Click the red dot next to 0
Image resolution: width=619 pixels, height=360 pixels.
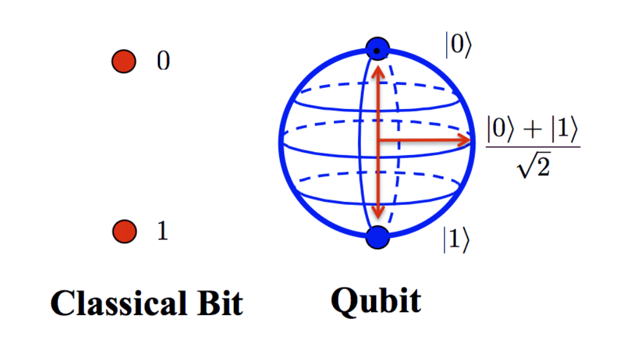click(124, 61)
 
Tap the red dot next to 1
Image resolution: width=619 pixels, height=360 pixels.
click(125, 231)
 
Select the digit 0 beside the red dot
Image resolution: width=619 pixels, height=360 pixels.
click(164, 61)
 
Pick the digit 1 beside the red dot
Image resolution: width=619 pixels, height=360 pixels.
click(163, 230)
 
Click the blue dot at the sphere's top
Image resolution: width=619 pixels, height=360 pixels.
click(378, 49)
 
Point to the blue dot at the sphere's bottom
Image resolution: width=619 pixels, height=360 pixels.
click(378, 237)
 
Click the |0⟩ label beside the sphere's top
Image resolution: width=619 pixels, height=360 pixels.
click(458, 45)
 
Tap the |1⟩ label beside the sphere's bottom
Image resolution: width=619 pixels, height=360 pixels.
click(456, 239)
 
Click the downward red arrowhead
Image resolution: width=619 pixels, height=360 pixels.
click(378, 211)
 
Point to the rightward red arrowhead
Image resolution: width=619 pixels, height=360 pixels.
click(463, 140)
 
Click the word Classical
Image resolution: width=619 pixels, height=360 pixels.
click(119, 303)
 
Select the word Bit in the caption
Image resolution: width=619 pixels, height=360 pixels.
click(220, 303)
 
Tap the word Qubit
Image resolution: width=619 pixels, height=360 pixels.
click(376, 301)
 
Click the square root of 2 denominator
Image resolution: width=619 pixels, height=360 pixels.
click(534, 165)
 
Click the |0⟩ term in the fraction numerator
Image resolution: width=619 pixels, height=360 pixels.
click(500, 129)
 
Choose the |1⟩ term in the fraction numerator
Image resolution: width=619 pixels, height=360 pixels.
click(564, 129)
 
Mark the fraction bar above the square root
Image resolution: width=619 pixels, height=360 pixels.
click(533, 147)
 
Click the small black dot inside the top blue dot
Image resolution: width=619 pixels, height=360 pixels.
click(377, 50)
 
